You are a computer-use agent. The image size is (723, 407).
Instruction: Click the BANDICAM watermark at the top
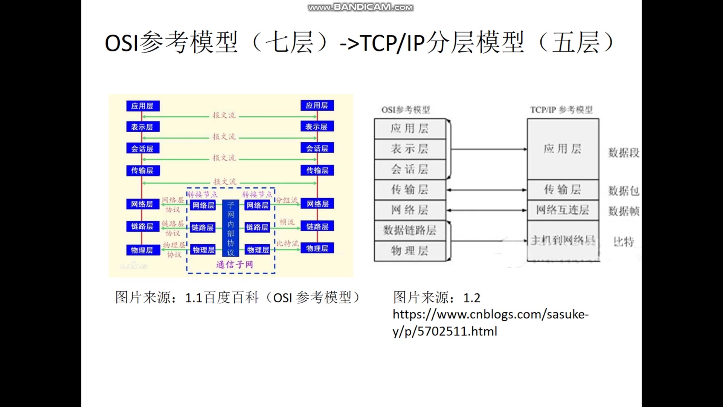click(x=360, y=7)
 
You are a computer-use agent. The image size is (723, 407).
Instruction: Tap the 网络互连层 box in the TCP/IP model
click(x=563, y=210)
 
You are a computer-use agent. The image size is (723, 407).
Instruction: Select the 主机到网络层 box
click(x=563, y=240)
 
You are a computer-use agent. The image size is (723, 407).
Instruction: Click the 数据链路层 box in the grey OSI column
click(x=410, y=230)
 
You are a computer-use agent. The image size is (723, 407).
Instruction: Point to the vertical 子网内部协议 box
click(x=230, y=228)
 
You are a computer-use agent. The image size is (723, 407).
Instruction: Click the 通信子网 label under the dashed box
click(x=234, y=265)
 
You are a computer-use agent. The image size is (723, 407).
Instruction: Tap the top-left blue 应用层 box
click(x=142, y=106)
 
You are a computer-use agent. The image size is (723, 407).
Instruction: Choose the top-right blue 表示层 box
click(x=317, y=127)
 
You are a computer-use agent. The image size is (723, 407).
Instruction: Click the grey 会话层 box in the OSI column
click(x=410, y=169)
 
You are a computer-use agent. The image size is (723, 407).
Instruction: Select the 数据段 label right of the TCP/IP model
click(x=624, y=153)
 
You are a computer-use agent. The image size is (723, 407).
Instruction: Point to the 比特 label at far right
click(x=624, y=242)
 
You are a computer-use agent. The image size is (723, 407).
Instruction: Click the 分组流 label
click(x=287, y=200)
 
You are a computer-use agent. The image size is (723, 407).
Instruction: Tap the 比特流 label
click(x=287, y=243)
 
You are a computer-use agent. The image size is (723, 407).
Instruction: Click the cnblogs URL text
click(x=490, y=323)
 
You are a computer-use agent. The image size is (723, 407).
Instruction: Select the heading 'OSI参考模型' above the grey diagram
click(x=406, y=110)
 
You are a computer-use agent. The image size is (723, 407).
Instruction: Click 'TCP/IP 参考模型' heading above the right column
click(x=561, y=110)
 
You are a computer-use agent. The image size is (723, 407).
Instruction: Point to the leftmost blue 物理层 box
click(x=142, y=250)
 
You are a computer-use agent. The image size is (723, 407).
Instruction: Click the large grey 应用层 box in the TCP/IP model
click(x=563, y=149)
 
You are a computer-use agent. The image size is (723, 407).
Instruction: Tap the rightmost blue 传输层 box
click(x=317, y=170)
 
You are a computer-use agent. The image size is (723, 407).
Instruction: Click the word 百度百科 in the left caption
click(x=232, y=298)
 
